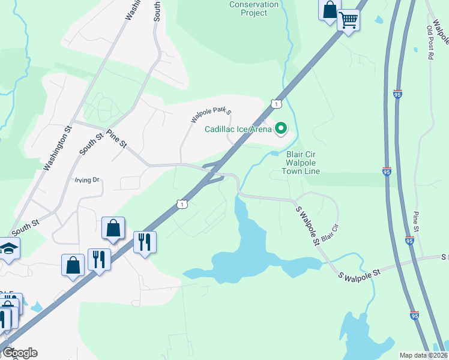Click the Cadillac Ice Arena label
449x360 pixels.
coord(238,128)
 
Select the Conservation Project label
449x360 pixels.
coord(255,8)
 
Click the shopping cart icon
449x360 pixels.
coord(348,20)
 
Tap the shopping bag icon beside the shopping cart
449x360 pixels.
coord(329,10)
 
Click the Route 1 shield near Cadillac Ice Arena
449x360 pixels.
coord(274,104)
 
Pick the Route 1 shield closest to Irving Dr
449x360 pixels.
coord(182,205)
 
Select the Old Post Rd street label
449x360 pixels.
coord(430,42)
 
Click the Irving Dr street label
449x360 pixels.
coord(86,179)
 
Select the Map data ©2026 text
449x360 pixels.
coord(424,355)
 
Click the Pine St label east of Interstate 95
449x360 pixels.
coord(415,221)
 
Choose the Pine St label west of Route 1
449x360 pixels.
coord(116,139)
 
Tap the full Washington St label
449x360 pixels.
coord(58,146)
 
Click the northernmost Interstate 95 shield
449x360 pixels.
coord(398,94)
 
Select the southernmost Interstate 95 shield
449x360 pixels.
coord(414,314)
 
